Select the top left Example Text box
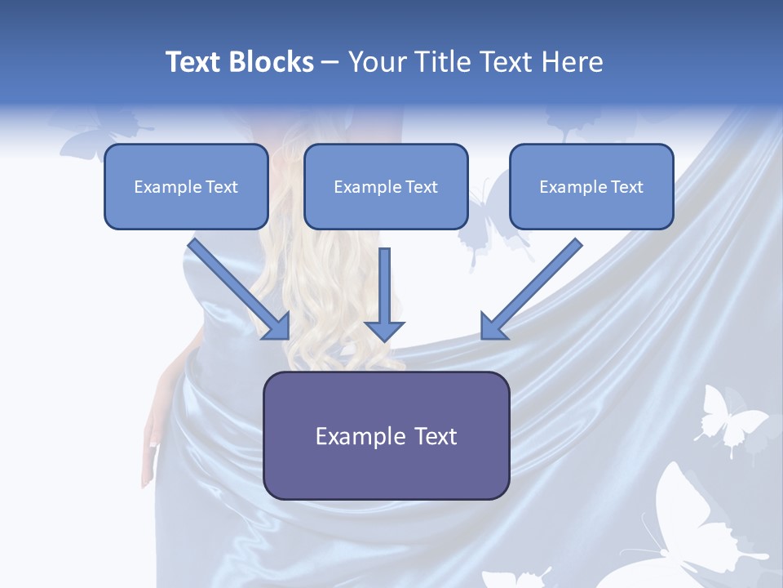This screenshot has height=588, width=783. [186, 187]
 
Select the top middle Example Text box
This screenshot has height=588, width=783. [386, 187]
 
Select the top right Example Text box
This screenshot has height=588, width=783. [591, 187]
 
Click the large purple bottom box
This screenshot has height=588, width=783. [386, 436]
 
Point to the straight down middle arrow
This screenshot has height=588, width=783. [384, 294]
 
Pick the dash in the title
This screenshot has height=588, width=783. [330, 62]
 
